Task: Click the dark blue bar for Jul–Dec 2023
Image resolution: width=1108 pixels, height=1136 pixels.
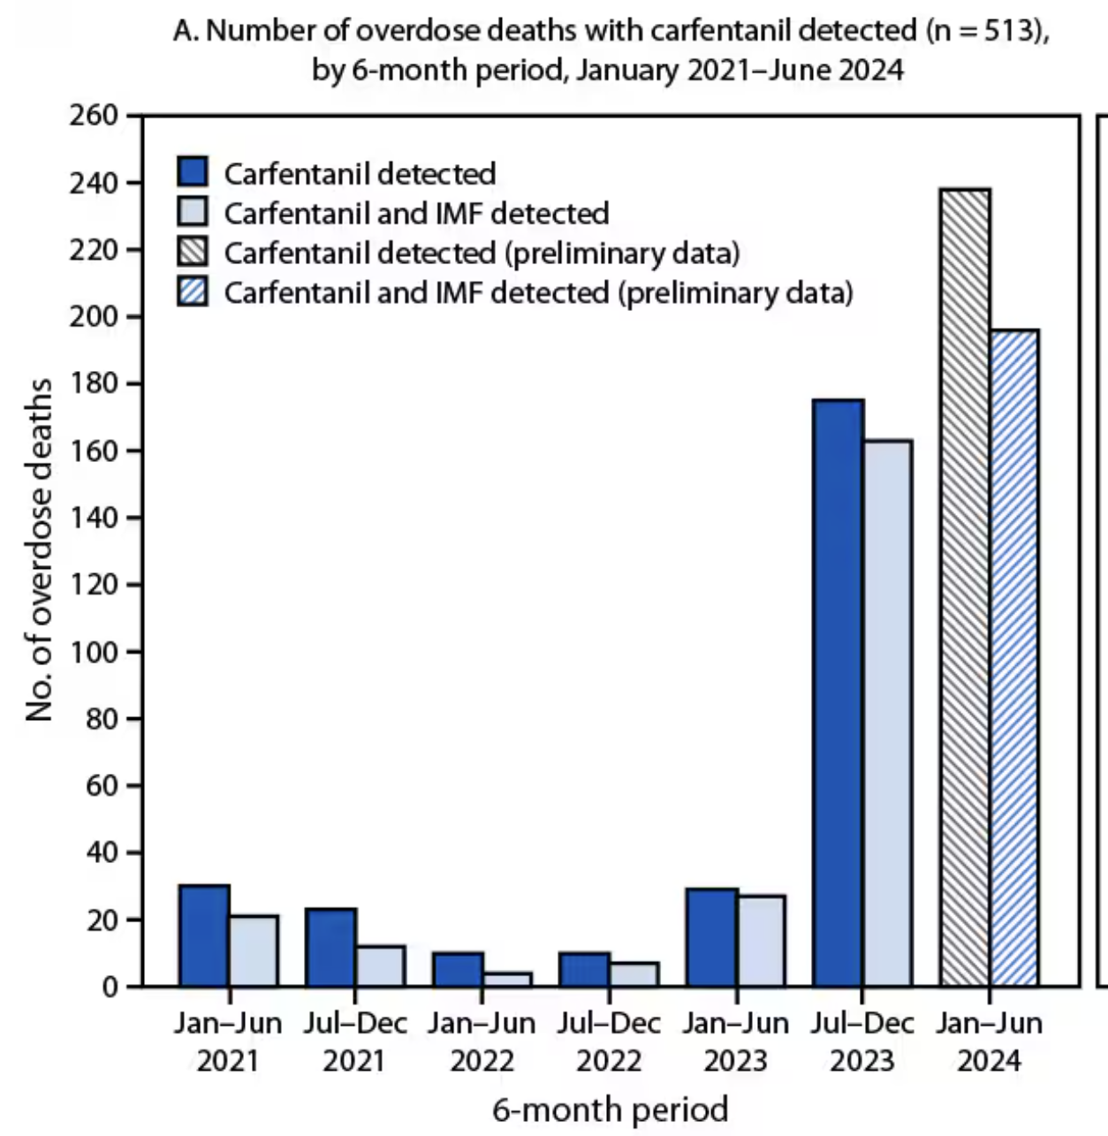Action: [839, 693]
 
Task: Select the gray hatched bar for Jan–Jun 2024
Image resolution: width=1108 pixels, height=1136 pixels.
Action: [966, 587]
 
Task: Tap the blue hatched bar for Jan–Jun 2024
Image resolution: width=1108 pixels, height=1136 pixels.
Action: [1014, 658]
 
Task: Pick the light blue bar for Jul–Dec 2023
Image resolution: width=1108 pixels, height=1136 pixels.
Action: [887, 713]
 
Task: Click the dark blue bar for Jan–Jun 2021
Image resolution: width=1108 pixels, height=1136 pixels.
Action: [204, 935]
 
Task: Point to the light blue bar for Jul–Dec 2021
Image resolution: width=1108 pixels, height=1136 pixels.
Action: [381, 966]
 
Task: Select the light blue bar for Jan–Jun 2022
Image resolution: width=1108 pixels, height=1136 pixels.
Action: [507, 980]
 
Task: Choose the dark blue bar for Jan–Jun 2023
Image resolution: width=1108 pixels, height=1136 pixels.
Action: [711, 937]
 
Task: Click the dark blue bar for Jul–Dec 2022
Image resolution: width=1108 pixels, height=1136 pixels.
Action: [584, 969]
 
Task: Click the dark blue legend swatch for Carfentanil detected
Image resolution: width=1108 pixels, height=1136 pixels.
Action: [193, 172]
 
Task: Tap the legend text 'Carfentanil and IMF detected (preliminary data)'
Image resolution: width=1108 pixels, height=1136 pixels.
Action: [538, 292]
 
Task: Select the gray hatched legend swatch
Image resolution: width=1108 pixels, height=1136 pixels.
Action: [193, 253]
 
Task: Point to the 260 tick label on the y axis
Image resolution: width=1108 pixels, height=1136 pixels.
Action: [94, 116]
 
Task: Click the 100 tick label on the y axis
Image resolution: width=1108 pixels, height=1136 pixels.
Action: [94, 652]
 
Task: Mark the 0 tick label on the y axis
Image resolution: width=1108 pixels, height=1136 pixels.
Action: [110, 987]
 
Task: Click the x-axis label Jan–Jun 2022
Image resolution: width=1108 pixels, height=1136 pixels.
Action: [482, 1041]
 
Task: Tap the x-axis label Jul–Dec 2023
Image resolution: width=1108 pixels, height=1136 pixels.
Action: [862, 1041]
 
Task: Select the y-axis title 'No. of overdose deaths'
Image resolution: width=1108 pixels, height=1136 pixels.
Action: [39, 549]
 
